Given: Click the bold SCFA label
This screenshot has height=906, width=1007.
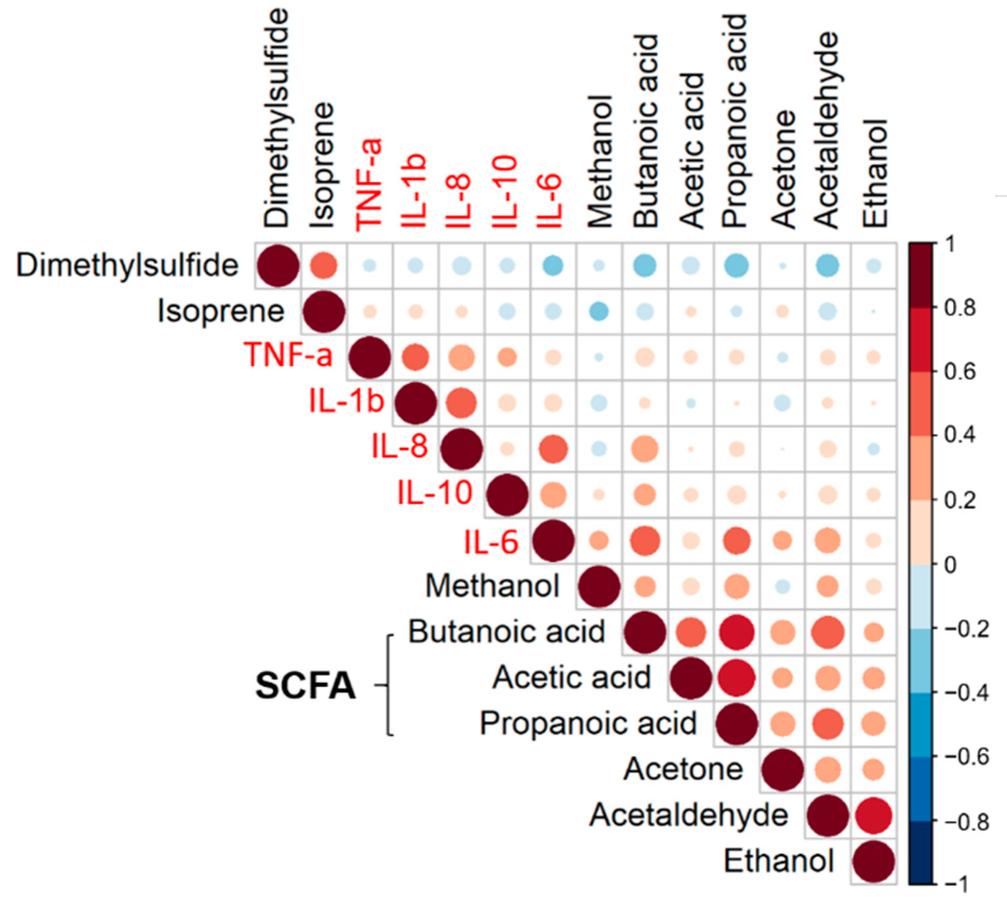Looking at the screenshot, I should coord(305,685).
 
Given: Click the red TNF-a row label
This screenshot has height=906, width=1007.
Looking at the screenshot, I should coord(288,354).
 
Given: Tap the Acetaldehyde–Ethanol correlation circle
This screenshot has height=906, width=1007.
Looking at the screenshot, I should coord(873,816).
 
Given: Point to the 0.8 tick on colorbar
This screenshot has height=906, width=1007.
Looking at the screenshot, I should coord(960,308).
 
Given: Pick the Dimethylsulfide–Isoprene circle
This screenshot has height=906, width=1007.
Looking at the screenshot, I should coord(324,265).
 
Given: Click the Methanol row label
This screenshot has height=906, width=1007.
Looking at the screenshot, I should coord(492,586).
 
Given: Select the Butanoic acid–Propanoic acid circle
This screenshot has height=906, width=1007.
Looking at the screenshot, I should coord(737,632).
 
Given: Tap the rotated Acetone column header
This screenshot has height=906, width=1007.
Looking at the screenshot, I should coord(783,169).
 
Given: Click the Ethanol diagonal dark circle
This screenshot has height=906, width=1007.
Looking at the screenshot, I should coord(873,861).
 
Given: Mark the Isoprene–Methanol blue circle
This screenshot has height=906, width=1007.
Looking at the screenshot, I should coord(599,311).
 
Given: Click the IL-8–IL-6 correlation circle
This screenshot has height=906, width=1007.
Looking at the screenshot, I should coord(553,449).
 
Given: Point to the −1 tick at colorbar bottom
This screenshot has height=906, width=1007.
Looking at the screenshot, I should coord(957,884).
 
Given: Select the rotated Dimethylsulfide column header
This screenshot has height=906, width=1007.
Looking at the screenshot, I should coord(276,118).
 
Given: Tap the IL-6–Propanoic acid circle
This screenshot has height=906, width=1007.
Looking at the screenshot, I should coord(737,541).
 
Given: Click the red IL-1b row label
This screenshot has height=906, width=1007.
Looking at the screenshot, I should coord(346,401).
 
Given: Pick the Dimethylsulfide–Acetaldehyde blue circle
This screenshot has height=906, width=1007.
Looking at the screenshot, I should coord(828,265).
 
